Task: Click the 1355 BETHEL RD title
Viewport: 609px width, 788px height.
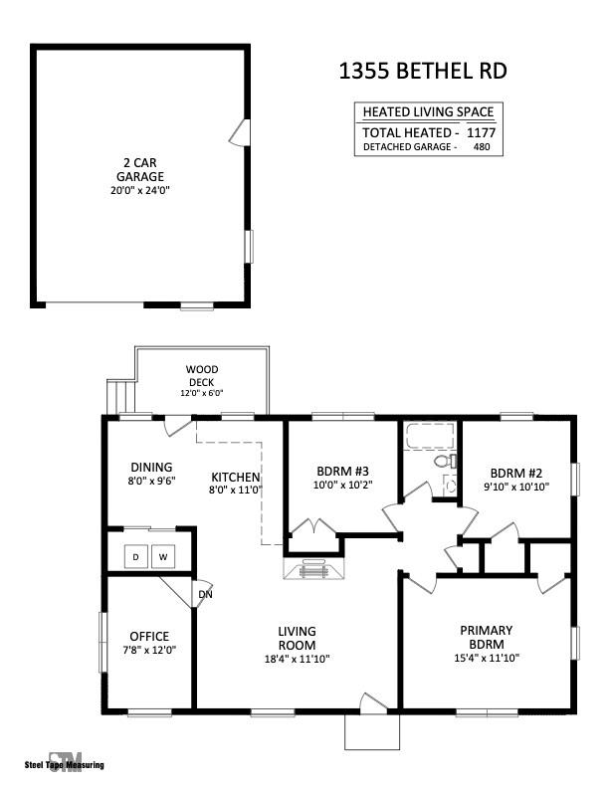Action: click(x=423, y=71)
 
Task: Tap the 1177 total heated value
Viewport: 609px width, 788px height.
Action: click(x=481, y=132)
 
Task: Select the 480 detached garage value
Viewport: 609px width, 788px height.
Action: click(x=482, y=146)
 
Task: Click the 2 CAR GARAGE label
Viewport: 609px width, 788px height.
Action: click(x=140, y=170)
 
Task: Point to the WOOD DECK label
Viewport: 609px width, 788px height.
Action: click(x=201, y=376)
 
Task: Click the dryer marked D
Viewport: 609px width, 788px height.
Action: click(x=136, y=556)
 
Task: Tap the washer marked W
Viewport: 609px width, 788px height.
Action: click(x=163, y=556)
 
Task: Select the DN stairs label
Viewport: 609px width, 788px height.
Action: click(x=205, y=595)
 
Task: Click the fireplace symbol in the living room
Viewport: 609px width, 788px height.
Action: click(x=314, y=569)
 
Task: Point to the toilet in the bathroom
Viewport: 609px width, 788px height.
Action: click(x=445, y=461)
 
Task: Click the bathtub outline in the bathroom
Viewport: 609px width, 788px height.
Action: click(x=431, y=436)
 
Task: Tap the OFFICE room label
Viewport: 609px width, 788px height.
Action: click(x=149, y=636)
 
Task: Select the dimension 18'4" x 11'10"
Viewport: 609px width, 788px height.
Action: click(x=297, y=659)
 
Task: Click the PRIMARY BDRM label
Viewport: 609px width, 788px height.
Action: click(x=487, y=637)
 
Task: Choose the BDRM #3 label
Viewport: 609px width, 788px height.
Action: click(x=342, y=472)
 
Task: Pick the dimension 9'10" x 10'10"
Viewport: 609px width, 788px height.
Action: click(x=516, y=487)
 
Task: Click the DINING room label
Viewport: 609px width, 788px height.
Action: click(x=151, y=467)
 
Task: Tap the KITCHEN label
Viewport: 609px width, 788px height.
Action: click(x=236, y=477)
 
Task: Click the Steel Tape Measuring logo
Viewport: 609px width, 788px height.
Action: click(x=65, y=764)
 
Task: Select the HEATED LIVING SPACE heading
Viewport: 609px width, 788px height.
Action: click(x=428, y=111)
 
